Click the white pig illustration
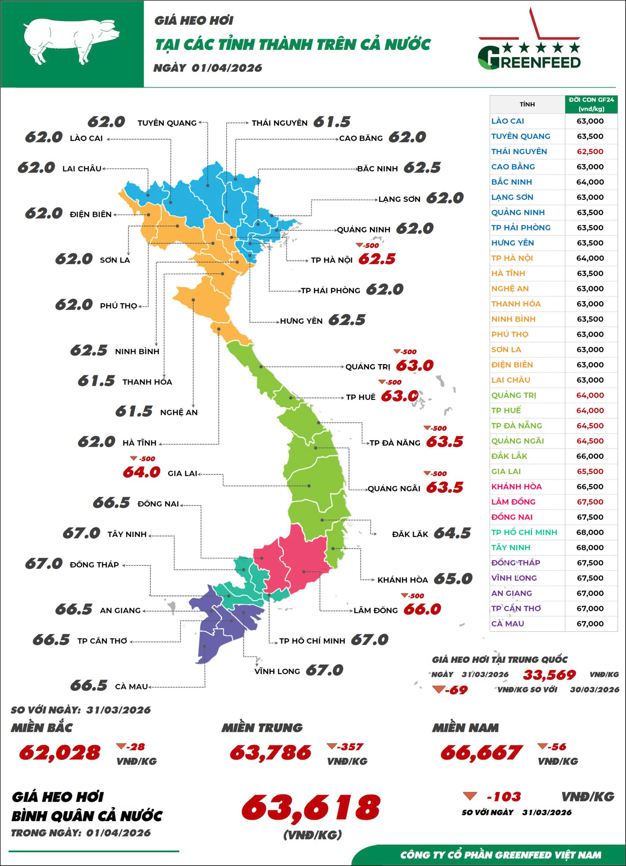tap(71, 42)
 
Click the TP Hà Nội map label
tap(332, 260)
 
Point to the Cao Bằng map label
tap(361, 138)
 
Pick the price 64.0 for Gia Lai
tap(142, 472)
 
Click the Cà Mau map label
tap(131, 686)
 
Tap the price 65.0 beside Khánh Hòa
tap(453, 579)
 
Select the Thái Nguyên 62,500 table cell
tap(590, 152)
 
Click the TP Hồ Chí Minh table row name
tap(524, 532)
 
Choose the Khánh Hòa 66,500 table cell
tap(590, 486)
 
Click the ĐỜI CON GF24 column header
tap(591, 104)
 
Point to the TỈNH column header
tap(527, 104)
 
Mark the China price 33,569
tap(549, 675)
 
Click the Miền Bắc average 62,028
tap(60, 752)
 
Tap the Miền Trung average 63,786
tap(270, 752)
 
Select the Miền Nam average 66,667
tap(481, 752)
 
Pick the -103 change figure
tap(504, 797)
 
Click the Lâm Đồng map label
tap(376, 611)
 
